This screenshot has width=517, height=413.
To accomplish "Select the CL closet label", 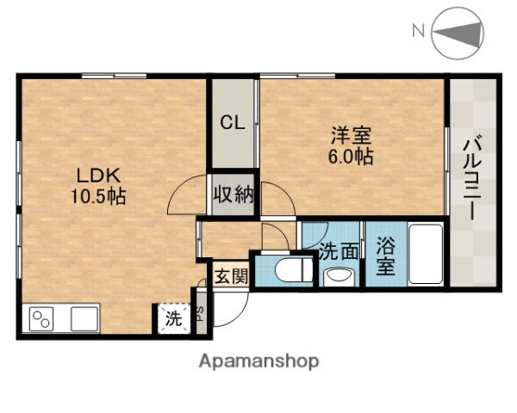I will click(233, 122).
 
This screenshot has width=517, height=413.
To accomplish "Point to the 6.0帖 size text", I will click(350, 157).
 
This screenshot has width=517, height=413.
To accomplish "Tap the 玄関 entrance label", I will click(230, 277).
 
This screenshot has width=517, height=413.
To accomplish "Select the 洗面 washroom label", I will click(339, 252).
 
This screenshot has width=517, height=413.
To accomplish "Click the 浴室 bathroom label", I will click(385, 254).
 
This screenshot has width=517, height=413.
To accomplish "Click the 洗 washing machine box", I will click(173, 319).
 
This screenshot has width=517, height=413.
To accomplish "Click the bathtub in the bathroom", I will click(424, 254).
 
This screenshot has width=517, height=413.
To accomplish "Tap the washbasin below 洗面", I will click(338, 276).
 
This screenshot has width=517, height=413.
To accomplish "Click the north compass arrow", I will click(460, 34).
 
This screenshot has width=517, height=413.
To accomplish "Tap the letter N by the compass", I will click(418, 32).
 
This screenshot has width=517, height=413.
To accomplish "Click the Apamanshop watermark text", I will click(258, 361).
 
